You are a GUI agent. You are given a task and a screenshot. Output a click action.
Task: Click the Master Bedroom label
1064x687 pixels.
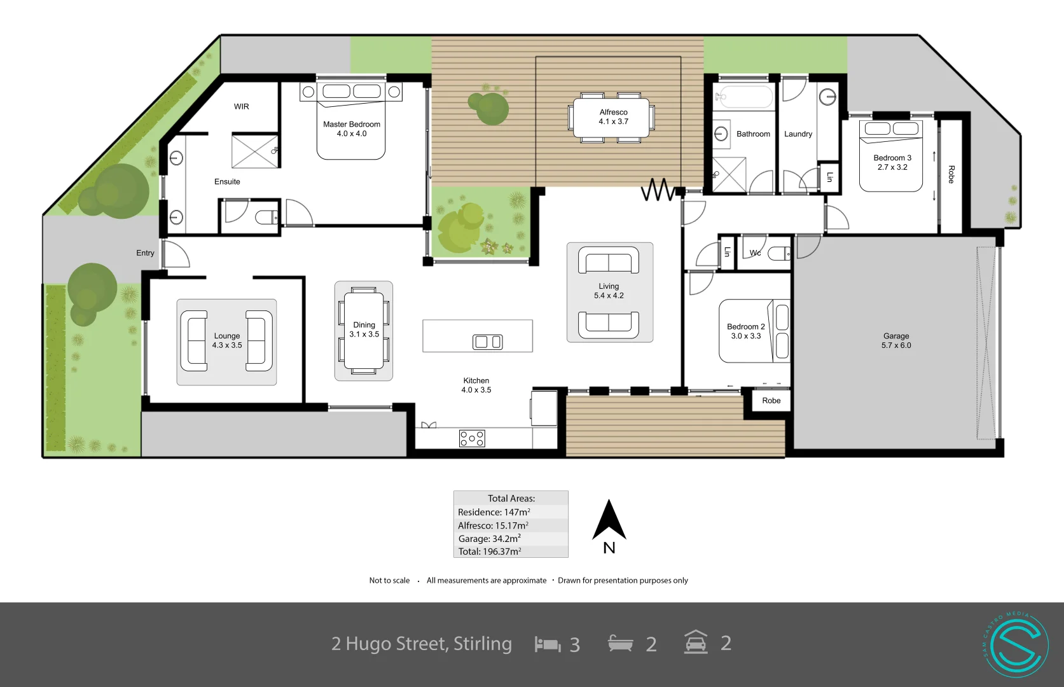351,129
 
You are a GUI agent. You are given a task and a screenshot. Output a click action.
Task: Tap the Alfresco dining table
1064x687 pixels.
612,118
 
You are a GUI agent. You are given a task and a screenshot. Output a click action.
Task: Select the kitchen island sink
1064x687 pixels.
487,342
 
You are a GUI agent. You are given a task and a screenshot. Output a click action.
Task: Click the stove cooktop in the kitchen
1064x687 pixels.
472,438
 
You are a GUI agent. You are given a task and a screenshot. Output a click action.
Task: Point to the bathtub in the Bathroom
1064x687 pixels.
743,97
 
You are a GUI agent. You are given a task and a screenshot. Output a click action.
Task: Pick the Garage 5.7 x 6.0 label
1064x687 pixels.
895,340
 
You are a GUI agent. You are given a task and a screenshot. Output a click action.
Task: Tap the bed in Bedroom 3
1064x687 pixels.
891,156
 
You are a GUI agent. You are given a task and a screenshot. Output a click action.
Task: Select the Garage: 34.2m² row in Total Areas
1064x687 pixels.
510,539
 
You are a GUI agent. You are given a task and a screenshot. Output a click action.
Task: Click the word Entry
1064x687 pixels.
145,253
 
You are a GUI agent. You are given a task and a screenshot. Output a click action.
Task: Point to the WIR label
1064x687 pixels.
242,107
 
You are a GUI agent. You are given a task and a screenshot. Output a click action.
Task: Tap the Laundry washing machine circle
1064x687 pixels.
827,97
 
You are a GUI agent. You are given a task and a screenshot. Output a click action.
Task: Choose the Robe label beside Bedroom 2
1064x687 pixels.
771,401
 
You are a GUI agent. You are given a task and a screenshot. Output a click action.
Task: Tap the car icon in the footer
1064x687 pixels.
696,642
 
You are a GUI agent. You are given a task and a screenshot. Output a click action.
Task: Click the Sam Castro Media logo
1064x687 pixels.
1015,645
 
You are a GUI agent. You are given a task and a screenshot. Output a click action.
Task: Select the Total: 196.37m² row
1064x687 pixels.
510,552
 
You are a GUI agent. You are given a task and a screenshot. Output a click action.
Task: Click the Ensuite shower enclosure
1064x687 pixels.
254,151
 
